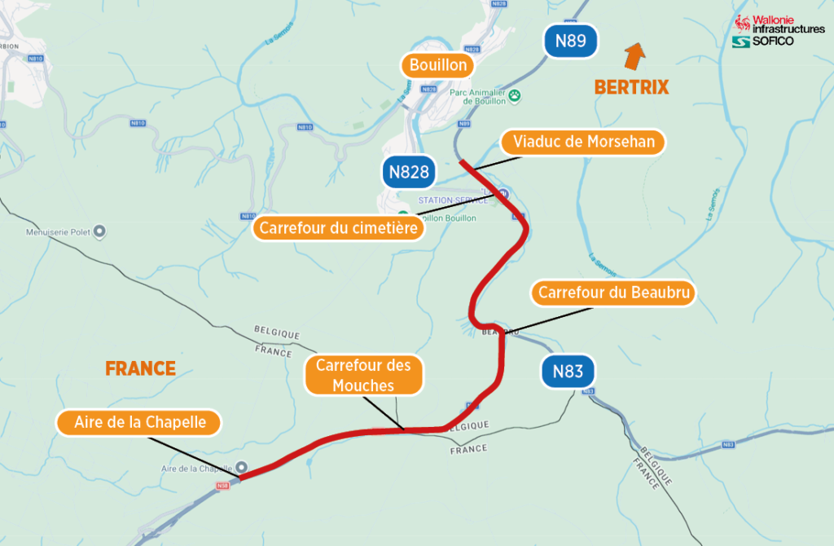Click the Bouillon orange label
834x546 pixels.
coord(438,65)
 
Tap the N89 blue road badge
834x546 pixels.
coord(571,41)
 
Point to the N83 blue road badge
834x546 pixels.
coord(568,372)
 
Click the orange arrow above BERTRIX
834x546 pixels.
coord(634,57)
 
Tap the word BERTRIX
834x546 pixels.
coord(631,87)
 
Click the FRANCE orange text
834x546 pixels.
coord(140,368)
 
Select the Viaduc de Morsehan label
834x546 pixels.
coord(583,142)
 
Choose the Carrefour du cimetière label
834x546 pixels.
coord(339,228)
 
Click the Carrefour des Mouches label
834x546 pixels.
coord(363,376)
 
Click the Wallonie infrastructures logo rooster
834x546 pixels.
coord(742,24)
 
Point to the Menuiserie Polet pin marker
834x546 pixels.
coord(99,232)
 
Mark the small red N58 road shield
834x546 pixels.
coord(223,486)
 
